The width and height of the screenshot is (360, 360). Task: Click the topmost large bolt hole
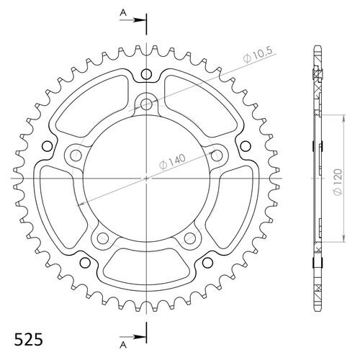coord(147,104)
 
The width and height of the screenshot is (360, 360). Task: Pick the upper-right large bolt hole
coord(214,153)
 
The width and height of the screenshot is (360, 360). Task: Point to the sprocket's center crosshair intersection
coord(147,176)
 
